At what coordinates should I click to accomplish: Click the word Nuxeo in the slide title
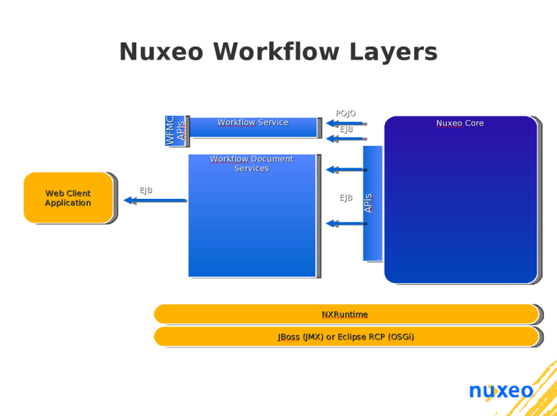point(162,51)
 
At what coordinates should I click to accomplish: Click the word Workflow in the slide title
point(276,51)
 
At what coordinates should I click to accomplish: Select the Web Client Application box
point(68,198)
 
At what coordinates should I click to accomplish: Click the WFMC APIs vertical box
point(175,131)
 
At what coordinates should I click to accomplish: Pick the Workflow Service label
point(253,122)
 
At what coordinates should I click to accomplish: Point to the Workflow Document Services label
point(252,163)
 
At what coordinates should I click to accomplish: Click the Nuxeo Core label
point(460,123)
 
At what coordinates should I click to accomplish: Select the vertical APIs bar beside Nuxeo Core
point(372,203)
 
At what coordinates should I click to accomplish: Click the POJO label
point(345,113)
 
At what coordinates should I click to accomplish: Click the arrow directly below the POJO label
point(346,124)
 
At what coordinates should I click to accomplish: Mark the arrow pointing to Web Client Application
point(155,200)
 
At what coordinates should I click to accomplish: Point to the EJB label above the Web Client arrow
point(146,191)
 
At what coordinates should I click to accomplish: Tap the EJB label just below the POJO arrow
point(346,129)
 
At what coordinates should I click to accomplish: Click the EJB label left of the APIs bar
point(346,198)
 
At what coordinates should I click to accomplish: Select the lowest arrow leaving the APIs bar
point(346,223)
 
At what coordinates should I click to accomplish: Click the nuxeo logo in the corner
point(501,391)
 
